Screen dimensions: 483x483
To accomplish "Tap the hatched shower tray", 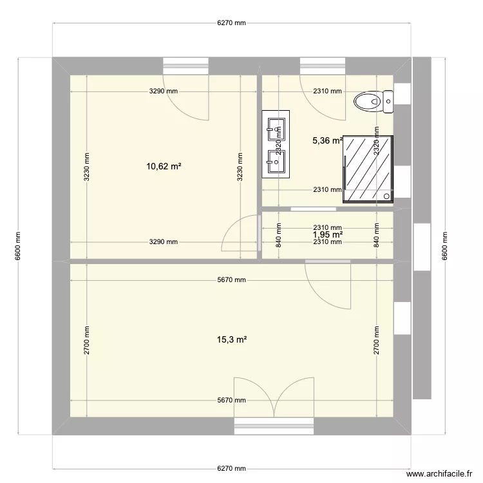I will pyautogui.click(x=368, y=169).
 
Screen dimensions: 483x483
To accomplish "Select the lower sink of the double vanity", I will pyautogui.click(x=276, y=162).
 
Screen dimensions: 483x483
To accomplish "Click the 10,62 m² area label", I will pyautogui.click(x=163, y=166).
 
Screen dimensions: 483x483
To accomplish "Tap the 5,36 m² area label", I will pyautogui.click(x=327, y=142).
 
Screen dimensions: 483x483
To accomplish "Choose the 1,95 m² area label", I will pyautogui.click(x=327, y=234).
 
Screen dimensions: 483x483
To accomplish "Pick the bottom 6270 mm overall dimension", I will pyautogui.click(x=231, y=468).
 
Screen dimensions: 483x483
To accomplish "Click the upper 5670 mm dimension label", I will pyautogui.click(x=231, y=281).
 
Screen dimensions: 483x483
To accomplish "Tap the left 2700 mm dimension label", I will pyautogui.click(x=86, y=340).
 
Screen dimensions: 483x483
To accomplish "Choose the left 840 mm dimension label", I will pyautogui.click(x=278, y=234).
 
